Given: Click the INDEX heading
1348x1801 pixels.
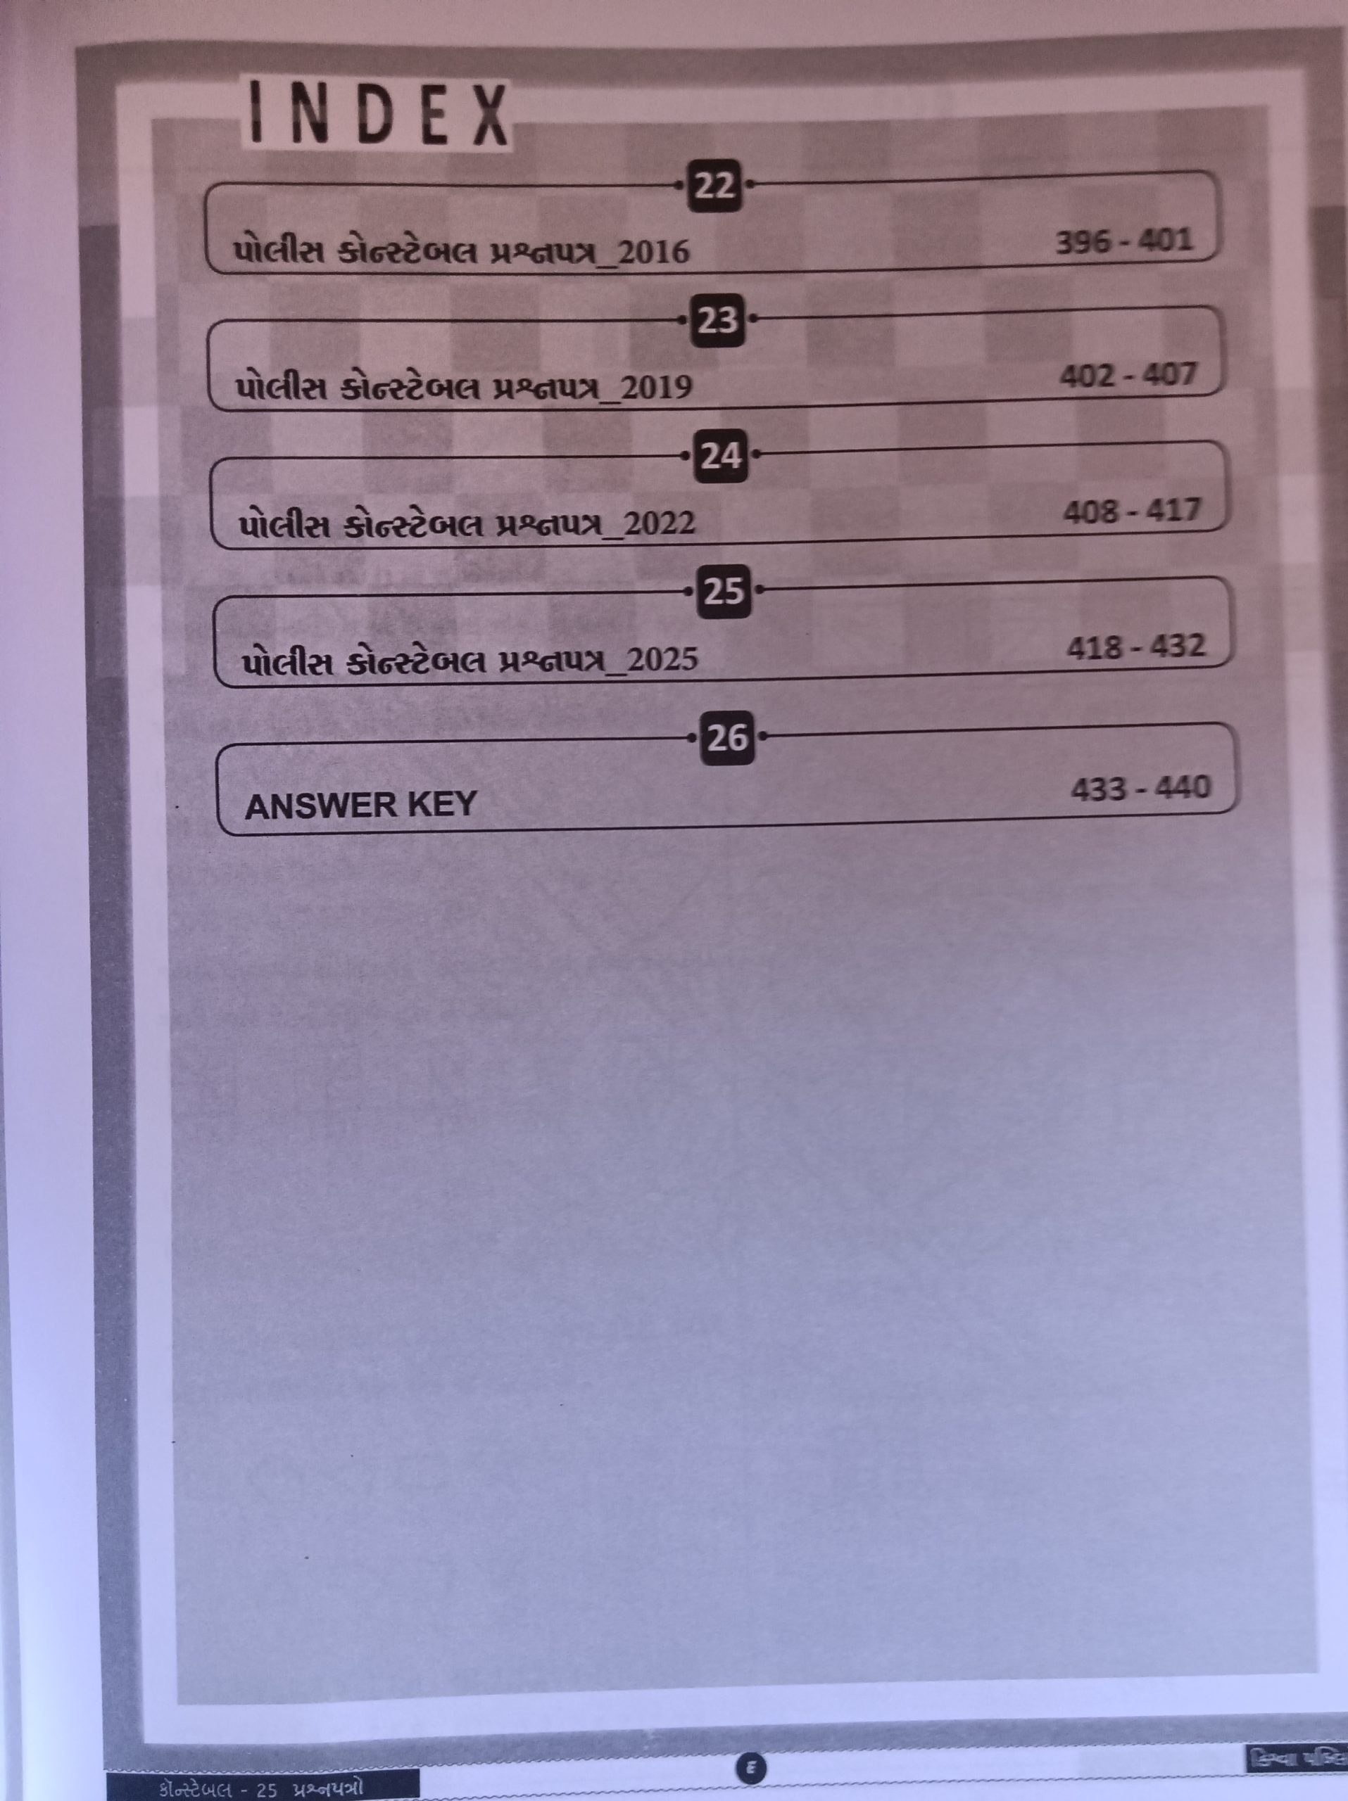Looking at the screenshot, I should (x=377, y=115).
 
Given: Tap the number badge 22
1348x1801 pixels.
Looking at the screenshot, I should (x=714, y=186).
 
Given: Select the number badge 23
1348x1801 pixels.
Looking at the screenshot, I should (x=717, y=321).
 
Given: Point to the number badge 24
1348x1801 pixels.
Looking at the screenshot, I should (x=721, y=456).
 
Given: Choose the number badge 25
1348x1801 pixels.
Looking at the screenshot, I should (x=724, y=591).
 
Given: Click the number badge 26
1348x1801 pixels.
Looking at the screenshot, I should (x=727, y=738).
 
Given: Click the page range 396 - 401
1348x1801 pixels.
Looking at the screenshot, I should (x=1124, y=242).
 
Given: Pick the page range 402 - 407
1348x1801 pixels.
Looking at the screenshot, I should (x=1128, y=376).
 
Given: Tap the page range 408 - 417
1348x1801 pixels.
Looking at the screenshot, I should (x=1132, y=511).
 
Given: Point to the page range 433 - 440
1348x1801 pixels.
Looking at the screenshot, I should (x=1140, y=788).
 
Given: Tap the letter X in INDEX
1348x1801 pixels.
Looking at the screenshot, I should (x=489, y=116).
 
